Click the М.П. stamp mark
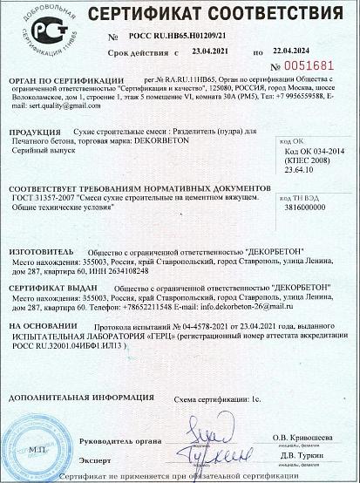coord(36,448)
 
